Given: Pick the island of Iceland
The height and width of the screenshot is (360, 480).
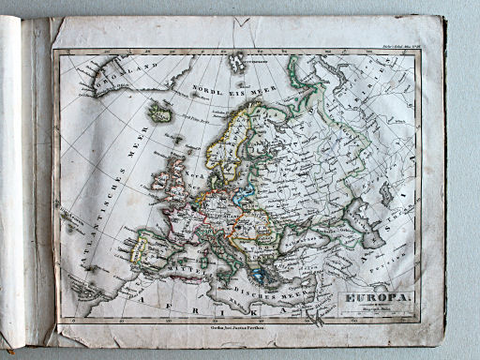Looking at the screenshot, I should click(160, 112).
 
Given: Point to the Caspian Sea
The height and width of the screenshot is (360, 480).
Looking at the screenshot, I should click(360, 223).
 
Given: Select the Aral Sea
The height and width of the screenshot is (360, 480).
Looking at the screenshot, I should click(385, 193).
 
